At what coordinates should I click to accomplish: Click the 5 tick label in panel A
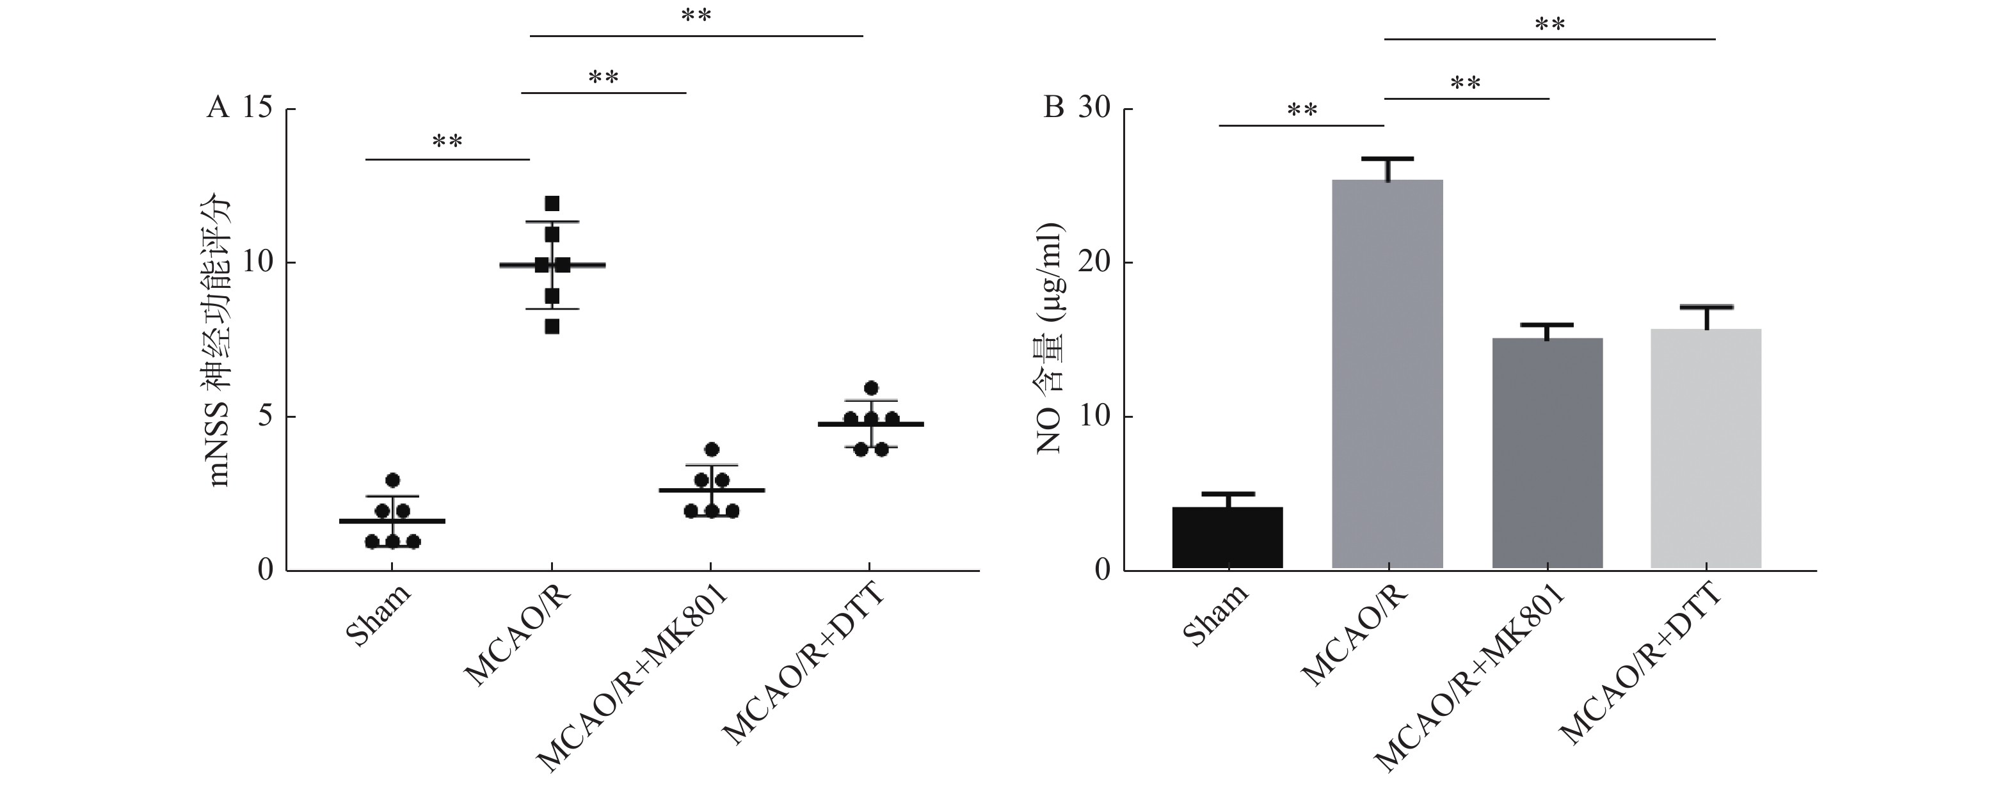coord(266,416)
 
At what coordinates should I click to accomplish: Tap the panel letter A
coord(218,108)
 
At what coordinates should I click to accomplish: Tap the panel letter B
coord(1054,108)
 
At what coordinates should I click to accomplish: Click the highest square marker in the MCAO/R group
coord(552,203)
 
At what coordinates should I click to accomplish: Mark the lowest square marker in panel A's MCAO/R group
coord(552,326)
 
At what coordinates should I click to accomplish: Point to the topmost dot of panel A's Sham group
coord(393,480)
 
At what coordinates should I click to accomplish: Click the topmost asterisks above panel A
coord(696,15)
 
